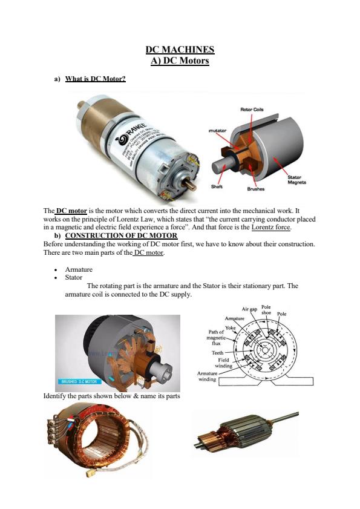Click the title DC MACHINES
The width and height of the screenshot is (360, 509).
click(x=180, y=50)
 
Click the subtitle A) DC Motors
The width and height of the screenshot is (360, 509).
click(x=180, y=61)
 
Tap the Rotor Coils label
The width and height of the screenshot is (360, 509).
click(x=252, y=110)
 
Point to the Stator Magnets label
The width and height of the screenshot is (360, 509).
click(x=296, y=180)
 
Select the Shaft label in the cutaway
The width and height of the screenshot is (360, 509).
click(x=216, y=186)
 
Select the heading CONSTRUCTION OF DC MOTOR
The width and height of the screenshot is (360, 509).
click(x=121, y=235)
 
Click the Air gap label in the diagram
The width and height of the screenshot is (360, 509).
click(x=250, y=309)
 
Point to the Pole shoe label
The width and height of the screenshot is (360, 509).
click(x=266, y=310)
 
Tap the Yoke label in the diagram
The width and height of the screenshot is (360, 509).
click(x=230, y=327)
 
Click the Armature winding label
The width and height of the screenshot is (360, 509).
click(x=207, y=376)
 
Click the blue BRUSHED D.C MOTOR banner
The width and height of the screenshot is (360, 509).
click(x=79, y=382)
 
